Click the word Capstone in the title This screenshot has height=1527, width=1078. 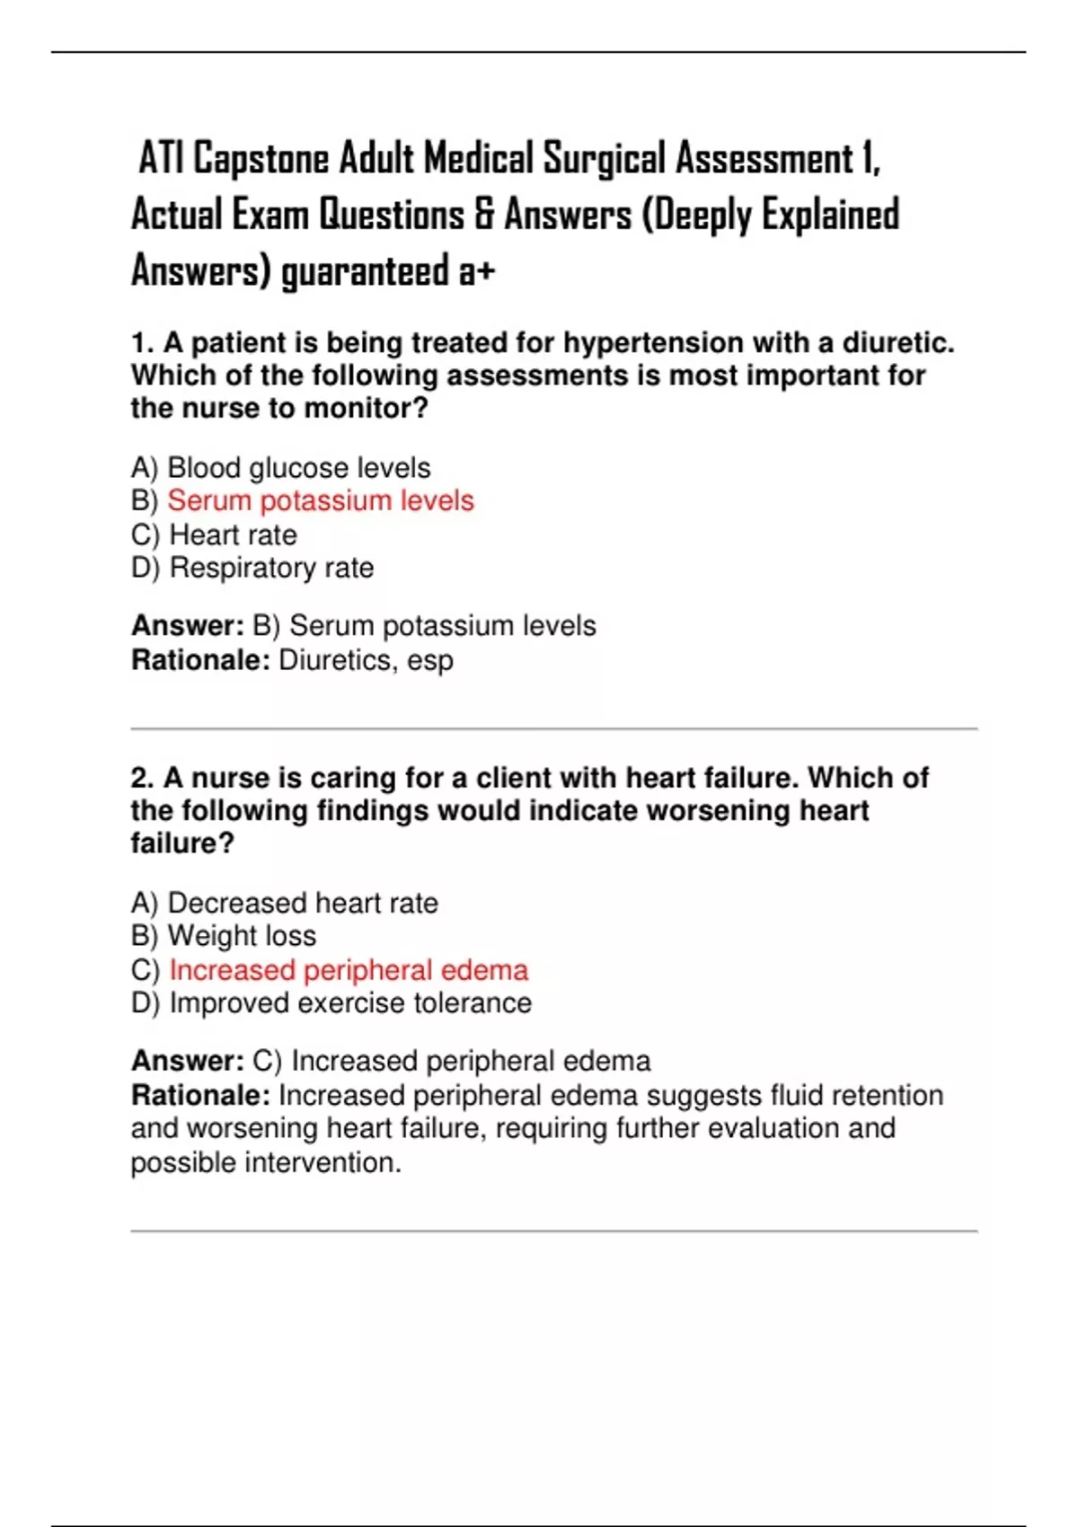tap(261, 159)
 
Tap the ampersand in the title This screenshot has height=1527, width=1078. tap(485, 215)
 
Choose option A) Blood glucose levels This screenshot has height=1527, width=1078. tap(280, 468)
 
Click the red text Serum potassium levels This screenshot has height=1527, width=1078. tap(321, 500)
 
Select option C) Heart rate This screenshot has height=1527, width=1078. tap(214, 534)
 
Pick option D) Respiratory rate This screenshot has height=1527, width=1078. tap(252, 568)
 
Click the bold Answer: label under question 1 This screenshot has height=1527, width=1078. tap(187, 626)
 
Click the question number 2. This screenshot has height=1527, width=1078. tap(142, 778)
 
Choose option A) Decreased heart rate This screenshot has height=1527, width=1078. tap(285, 903)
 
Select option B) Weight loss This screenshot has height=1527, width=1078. tap(224, 936)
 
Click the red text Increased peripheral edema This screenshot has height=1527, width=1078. tap(349, 970)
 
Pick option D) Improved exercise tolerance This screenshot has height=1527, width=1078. tap(331, 1003)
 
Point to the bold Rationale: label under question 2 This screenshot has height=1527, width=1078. tap(200, 1096)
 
